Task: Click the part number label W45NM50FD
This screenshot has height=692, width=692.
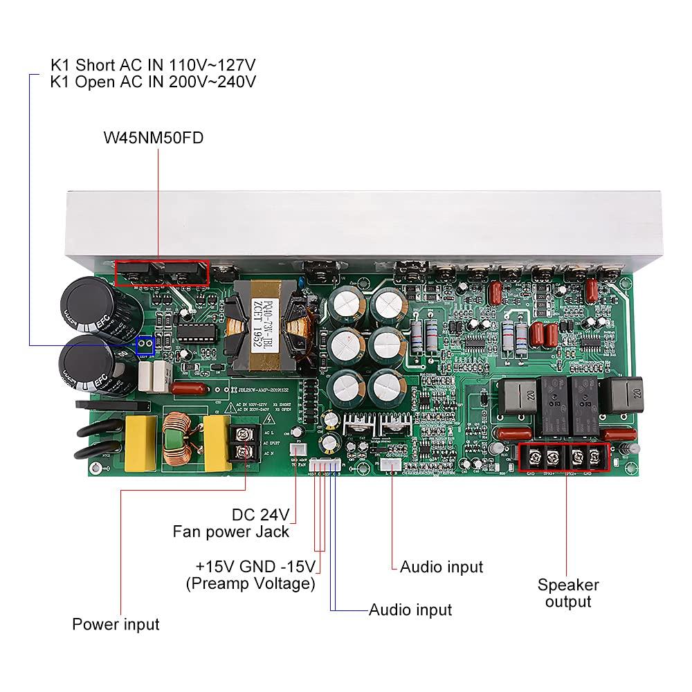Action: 153,138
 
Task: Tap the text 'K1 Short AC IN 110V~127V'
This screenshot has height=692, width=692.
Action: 153,65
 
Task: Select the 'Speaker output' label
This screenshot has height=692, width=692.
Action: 567,593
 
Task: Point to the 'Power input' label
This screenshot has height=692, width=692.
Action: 116,624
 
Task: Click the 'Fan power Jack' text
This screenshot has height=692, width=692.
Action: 230,532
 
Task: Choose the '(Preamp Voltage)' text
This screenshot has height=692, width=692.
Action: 250,583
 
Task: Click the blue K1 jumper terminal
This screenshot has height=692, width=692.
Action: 145,344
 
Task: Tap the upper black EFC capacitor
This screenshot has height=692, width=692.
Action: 102,309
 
